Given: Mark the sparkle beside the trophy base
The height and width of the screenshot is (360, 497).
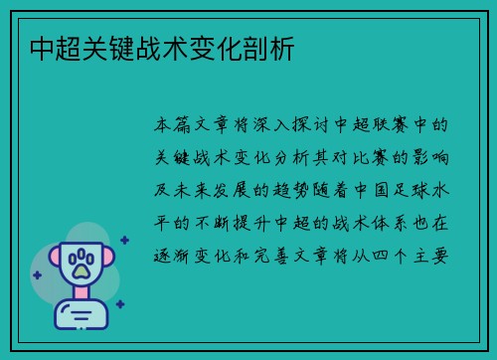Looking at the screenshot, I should click(120, 304).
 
